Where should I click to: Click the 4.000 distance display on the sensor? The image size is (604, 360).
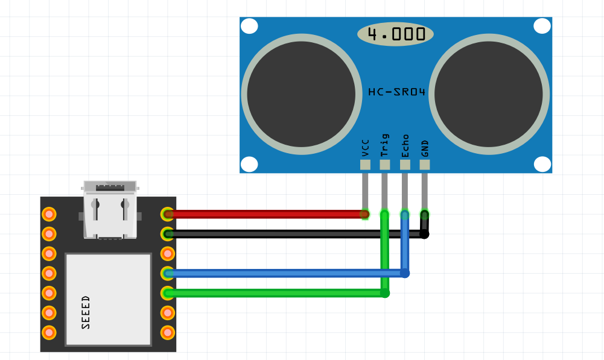coord(396,34)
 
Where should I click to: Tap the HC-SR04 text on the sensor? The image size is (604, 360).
coord(396,92)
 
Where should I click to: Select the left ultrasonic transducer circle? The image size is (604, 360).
coord(301,94)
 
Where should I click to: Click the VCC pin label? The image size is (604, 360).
coord(365,148)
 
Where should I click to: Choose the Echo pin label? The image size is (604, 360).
coord(405,145)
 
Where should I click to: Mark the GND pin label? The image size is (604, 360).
coord(425,148)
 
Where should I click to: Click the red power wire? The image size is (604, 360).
coord(265,214)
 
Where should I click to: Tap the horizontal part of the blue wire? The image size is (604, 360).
coord(284,273)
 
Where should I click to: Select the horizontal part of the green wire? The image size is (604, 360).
coord(272,293)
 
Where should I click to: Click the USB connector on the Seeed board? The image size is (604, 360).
coord(110,208)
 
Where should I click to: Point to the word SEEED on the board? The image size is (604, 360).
coord(86,312)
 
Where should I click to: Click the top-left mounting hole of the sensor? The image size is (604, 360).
coord(249,26)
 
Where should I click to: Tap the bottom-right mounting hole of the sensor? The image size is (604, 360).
coord(542,164)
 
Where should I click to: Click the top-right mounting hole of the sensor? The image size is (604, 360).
coord(542,26)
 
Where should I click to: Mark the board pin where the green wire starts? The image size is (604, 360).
coord(168,293)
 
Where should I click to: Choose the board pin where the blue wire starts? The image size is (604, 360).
coord(168,273)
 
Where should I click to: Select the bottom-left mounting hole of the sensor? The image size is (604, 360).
coord(249,164)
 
